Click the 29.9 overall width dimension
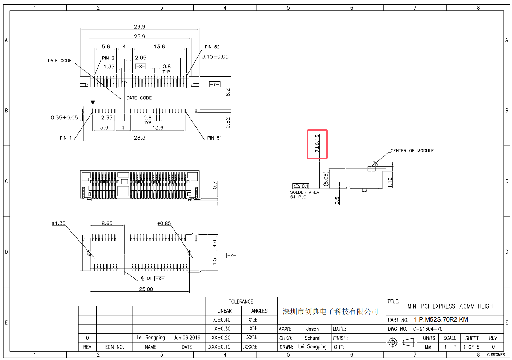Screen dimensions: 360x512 (139, 27)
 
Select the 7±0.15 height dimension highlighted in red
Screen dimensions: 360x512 (317, 144)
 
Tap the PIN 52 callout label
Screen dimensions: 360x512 (212, 47)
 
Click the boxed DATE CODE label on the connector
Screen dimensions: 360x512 (139, 98)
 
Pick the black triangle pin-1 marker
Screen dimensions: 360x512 (93, 103)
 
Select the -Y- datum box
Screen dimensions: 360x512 (214, 84)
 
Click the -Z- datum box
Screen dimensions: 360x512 (231, 256)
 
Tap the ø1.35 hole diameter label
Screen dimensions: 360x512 (58, 224)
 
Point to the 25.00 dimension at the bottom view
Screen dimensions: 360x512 (146, 289)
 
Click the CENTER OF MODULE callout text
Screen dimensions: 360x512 (412, 151)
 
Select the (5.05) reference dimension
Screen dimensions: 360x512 (326, 179)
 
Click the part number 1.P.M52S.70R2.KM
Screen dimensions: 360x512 (441, 319)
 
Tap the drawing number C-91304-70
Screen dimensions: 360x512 (428, 329)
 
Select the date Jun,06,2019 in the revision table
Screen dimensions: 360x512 (187, 338)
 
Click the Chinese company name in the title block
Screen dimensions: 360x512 (330, 312)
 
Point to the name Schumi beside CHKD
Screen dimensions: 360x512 (312, 338)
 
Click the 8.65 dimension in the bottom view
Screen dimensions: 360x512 (107, 224)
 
